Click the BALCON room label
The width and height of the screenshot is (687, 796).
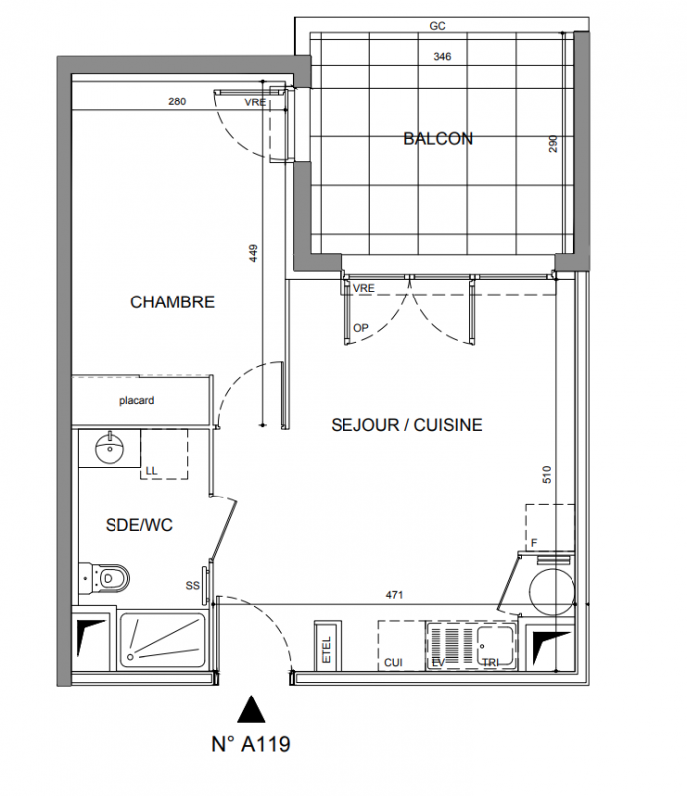pyautogui.click(x=438, y=138)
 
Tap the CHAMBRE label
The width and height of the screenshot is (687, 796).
pyautogui.click(x=173, y=302)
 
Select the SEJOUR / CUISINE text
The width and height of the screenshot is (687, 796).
pyautogui.click(x=406, y=425)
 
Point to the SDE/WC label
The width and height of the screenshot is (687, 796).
pyautogui.click(x=139, y=525)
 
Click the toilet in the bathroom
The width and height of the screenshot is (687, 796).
pyautogui.click(x=105, y=578)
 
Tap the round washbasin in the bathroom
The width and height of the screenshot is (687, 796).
pyautogui.click(x=110, y=447)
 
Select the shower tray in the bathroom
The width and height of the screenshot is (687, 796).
pyautogui.click(x=162, y=641)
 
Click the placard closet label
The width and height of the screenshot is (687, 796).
pyautogui.click(x=137, y=401)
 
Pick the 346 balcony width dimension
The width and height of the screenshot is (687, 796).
pyautogui.click(x=442, y=57)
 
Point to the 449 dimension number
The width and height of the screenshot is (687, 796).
pyautogui.click(x=253, y=253)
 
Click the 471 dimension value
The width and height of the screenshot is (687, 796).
pyautogui.click(x=395, y=594)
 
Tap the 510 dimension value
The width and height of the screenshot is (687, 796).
pyautogui.click(x=547, y=474)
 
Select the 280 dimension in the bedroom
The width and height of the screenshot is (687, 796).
pyautogui.click(x=177, y=101)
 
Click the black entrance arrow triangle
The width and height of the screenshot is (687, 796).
pyautogui.click(x=251, y=708)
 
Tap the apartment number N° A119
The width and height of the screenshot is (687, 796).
pyautogui.click(x=251, y=744)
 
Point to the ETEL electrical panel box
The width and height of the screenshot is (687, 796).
pyautogui.click(x=327, y=646)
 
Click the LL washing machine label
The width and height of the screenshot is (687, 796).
pyautogui.click(x=152, y=471)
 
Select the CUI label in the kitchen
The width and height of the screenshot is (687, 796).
pyautogui.click(x=394, y=662)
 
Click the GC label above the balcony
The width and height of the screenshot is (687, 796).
pyautogui.click(x=437, y=26)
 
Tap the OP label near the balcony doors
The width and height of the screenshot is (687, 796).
pyautogui.click(x=361, y=328)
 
